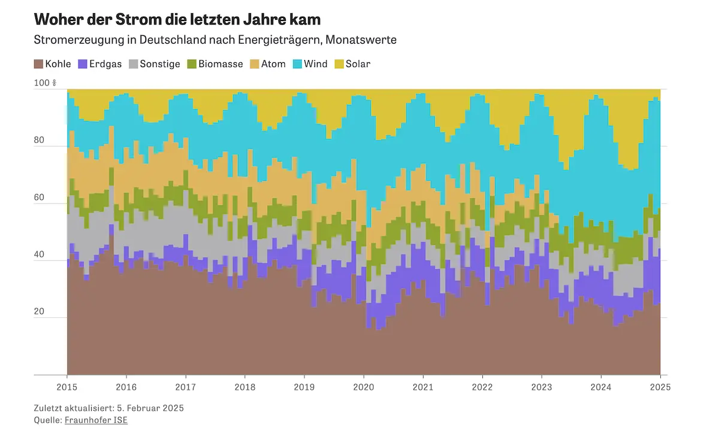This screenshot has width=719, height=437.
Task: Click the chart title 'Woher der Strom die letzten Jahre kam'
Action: (x=177, y=19)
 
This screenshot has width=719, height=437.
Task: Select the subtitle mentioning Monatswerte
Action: (x=216, y=40)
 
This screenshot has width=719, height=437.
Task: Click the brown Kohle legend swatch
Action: (x=38, y=63)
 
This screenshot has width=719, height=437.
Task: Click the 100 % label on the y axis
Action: (x=45, y=83)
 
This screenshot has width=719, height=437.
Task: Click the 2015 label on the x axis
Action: (x=67, y=387)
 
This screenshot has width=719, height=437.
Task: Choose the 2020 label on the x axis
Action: (x=364, y=387)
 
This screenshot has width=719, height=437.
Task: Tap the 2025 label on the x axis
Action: (x=660, y=387)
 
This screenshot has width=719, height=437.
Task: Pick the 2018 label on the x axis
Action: (x=245, y=387)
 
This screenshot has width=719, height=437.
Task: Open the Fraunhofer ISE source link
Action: (x=96, y=420)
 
